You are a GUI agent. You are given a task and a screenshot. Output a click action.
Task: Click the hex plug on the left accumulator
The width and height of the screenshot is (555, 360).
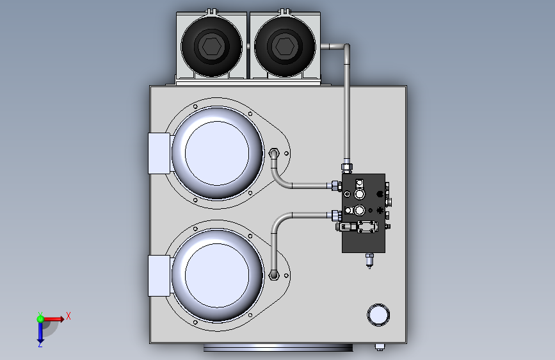point(212,47)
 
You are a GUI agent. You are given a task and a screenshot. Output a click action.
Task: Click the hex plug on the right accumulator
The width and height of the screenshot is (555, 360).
point(285,47)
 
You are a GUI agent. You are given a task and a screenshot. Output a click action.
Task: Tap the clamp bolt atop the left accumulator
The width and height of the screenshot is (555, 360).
point(211,12)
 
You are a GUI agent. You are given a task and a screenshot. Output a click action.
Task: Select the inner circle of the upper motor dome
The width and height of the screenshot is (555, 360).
point(217,153)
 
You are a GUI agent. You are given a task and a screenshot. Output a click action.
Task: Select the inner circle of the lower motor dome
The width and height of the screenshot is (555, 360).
point(217,275)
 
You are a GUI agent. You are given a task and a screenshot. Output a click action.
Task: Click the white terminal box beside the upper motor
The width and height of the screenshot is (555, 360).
point(159,154)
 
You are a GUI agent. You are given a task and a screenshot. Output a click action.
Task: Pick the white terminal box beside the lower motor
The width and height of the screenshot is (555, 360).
point(159,275)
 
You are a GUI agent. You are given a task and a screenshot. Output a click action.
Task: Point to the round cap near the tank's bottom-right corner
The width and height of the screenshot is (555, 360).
point(378,315)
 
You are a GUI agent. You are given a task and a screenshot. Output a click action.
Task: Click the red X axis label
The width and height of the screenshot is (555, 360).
point(68,316)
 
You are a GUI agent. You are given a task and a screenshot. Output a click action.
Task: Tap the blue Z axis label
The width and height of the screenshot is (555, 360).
point(40,344)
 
